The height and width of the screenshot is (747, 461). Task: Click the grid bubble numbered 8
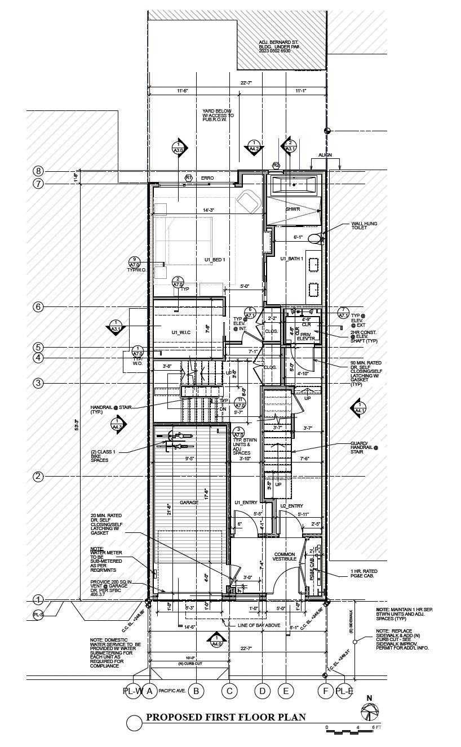38,171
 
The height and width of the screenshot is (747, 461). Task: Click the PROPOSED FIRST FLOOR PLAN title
226,717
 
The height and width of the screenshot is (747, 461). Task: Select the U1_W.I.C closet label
181,333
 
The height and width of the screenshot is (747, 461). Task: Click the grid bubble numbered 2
38,477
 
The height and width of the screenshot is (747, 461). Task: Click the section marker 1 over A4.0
216,640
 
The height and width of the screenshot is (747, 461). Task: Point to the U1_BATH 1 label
292,259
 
